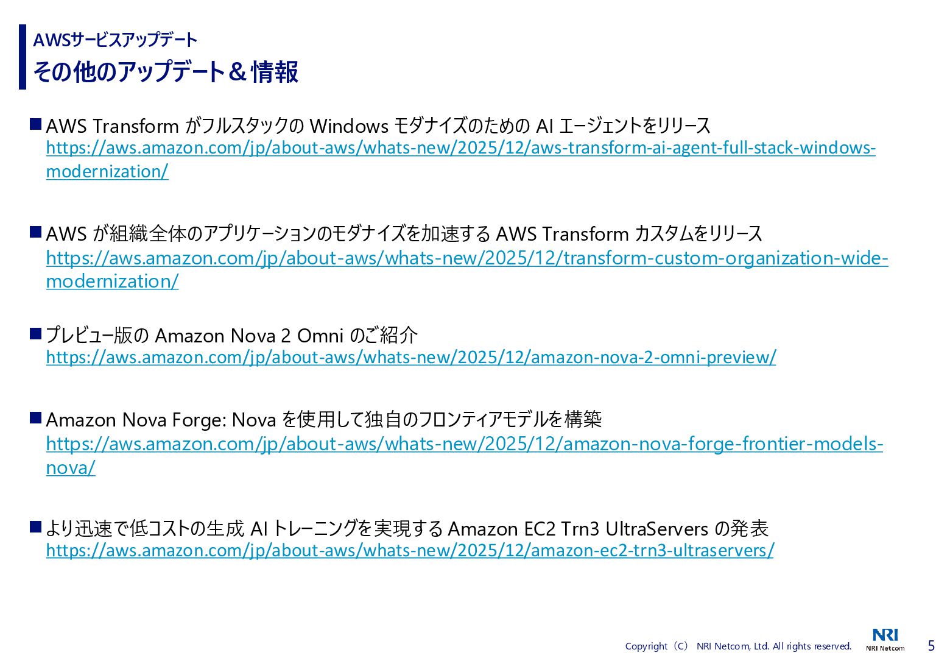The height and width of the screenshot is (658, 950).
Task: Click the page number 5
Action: (x=931, y=645)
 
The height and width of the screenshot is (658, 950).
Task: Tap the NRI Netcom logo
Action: (x=885, y=640)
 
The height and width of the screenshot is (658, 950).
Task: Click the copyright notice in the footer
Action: (x=738, y=646)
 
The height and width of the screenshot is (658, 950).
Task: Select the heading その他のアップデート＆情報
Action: (x=166, y=72)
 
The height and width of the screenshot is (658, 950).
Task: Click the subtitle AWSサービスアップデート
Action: (x=115, y=40)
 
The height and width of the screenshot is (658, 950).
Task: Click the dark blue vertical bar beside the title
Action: (x=23, y=57)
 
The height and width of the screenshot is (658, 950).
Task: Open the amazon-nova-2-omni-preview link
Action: (x=411, y=357)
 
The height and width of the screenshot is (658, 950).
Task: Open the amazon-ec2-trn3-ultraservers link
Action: (x=410, y=550)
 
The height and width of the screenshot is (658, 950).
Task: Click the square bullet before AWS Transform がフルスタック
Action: (x=35, y=124)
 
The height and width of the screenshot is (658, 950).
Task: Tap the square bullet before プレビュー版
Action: (x=35, y=333)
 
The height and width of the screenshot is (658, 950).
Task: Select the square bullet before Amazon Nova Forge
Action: (x=35, y=418)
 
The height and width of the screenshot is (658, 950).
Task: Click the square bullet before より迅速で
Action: (x=35, y=526)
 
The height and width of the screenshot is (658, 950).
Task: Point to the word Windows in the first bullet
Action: (x=349, y=126)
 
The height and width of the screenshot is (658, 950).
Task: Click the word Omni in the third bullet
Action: (x=320, y=336)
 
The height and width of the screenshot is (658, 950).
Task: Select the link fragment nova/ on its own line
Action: (x=71, y=468)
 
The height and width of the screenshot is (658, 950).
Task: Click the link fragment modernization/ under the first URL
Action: (x=107, y=172)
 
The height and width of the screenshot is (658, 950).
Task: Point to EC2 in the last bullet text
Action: (x=539, y=529)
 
